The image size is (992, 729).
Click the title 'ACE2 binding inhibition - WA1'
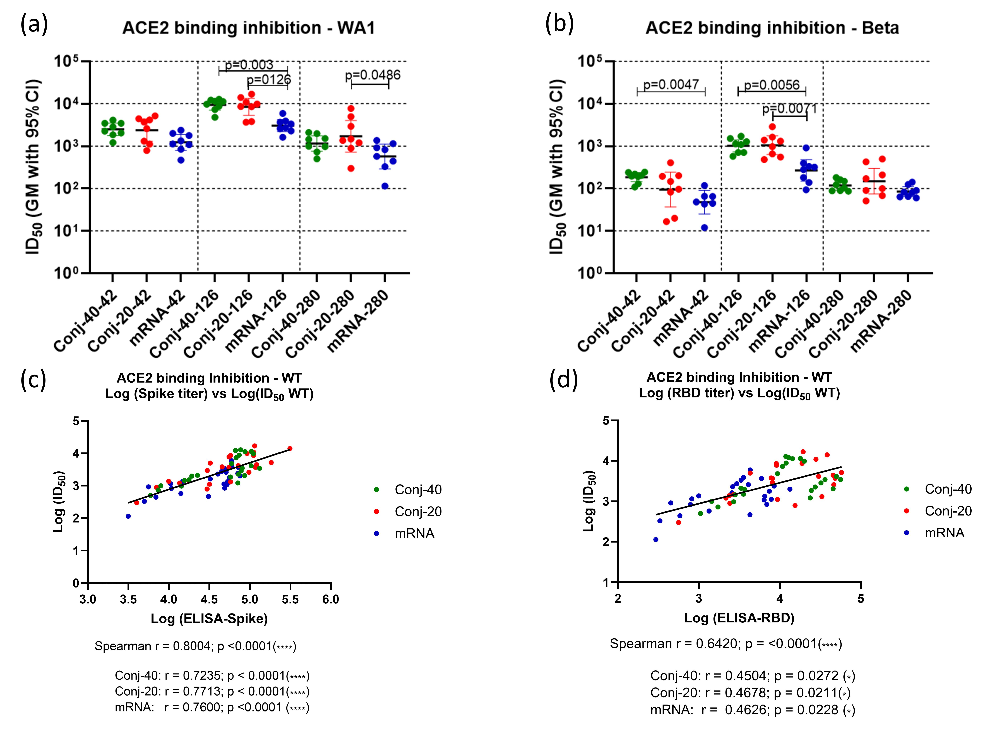pyautogui.click(x=248, y=28)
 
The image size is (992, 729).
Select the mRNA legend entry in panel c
pyautogui.click(x=414, y=534)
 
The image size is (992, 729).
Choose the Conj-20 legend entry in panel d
pyautogui.click(x=948, y=511)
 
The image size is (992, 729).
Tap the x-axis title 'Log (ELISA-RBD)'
pyautogui.click(x=739, y=618)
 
